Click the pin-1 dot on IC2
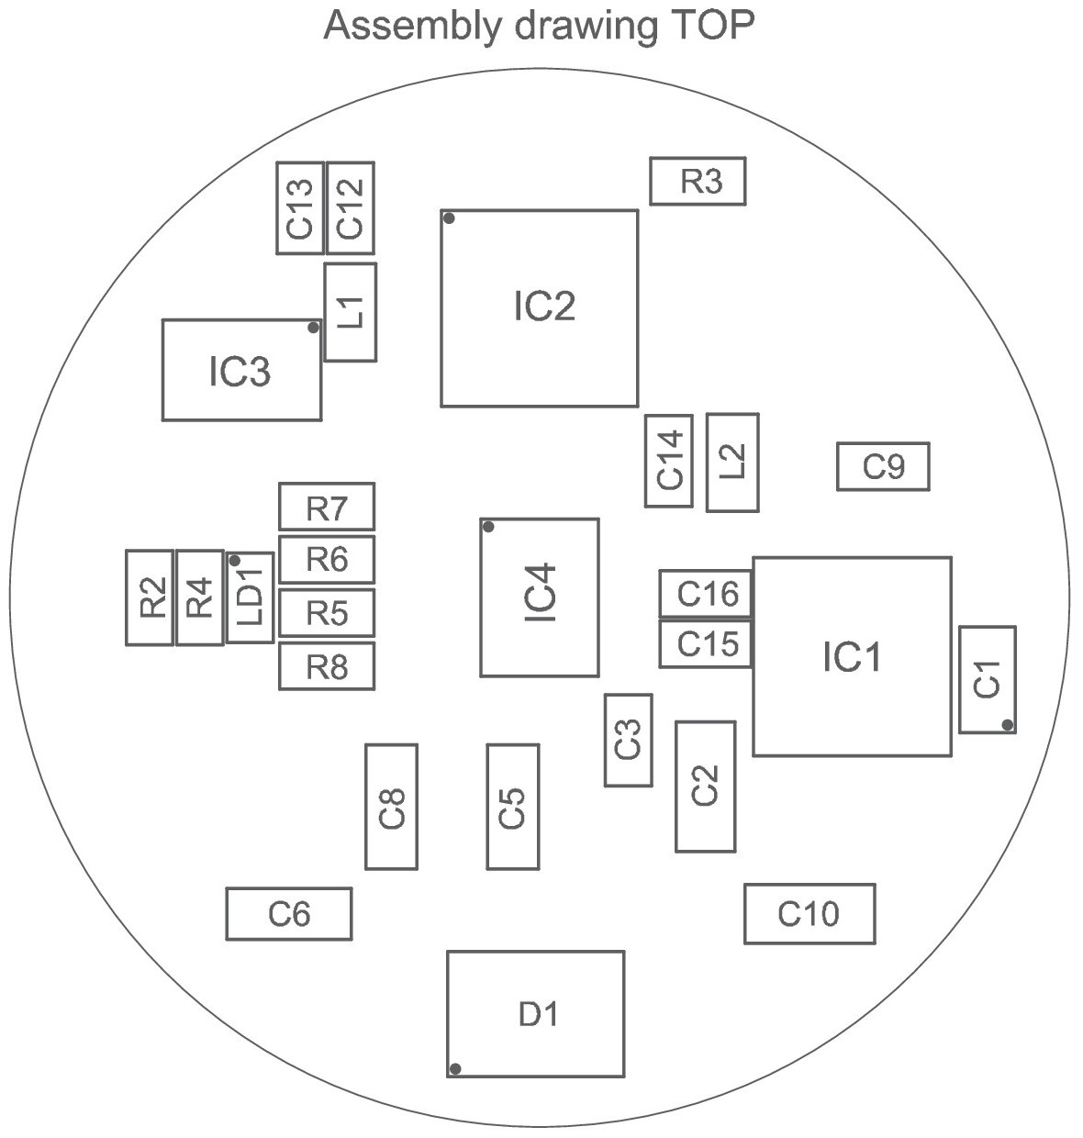tap(449, 218)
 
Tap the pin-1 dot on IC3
tap(313, 328)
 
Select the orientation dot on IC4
tap(488, 527)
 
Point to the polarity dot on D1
tap(455, 1068)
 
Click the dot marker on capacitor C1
tap(1008, 725)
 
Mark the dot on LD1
tap(234, 561)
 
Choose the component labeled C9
tap(883, 466)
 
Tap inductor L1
tap(351, 313)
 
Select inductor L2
tap(732, 463)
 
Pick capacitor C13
tap(300, 207)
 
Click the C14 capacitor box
tap(669, 461)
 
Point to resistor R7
tap(327, 507)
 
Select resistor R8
tap(327, 665)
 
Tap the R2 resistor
tap(150, 597)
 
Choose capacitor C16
tap(706, 593)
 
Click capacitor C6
tap(289, 914)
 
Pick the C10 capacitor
tap(809, 914)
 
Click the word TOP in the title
tap(714, 25)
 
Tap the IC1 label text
tap(852, 656)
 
